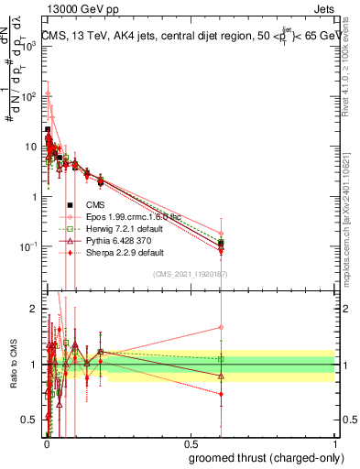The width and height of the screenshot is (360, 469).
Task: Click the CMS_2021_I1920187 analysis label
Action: (x=190, y=274)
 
